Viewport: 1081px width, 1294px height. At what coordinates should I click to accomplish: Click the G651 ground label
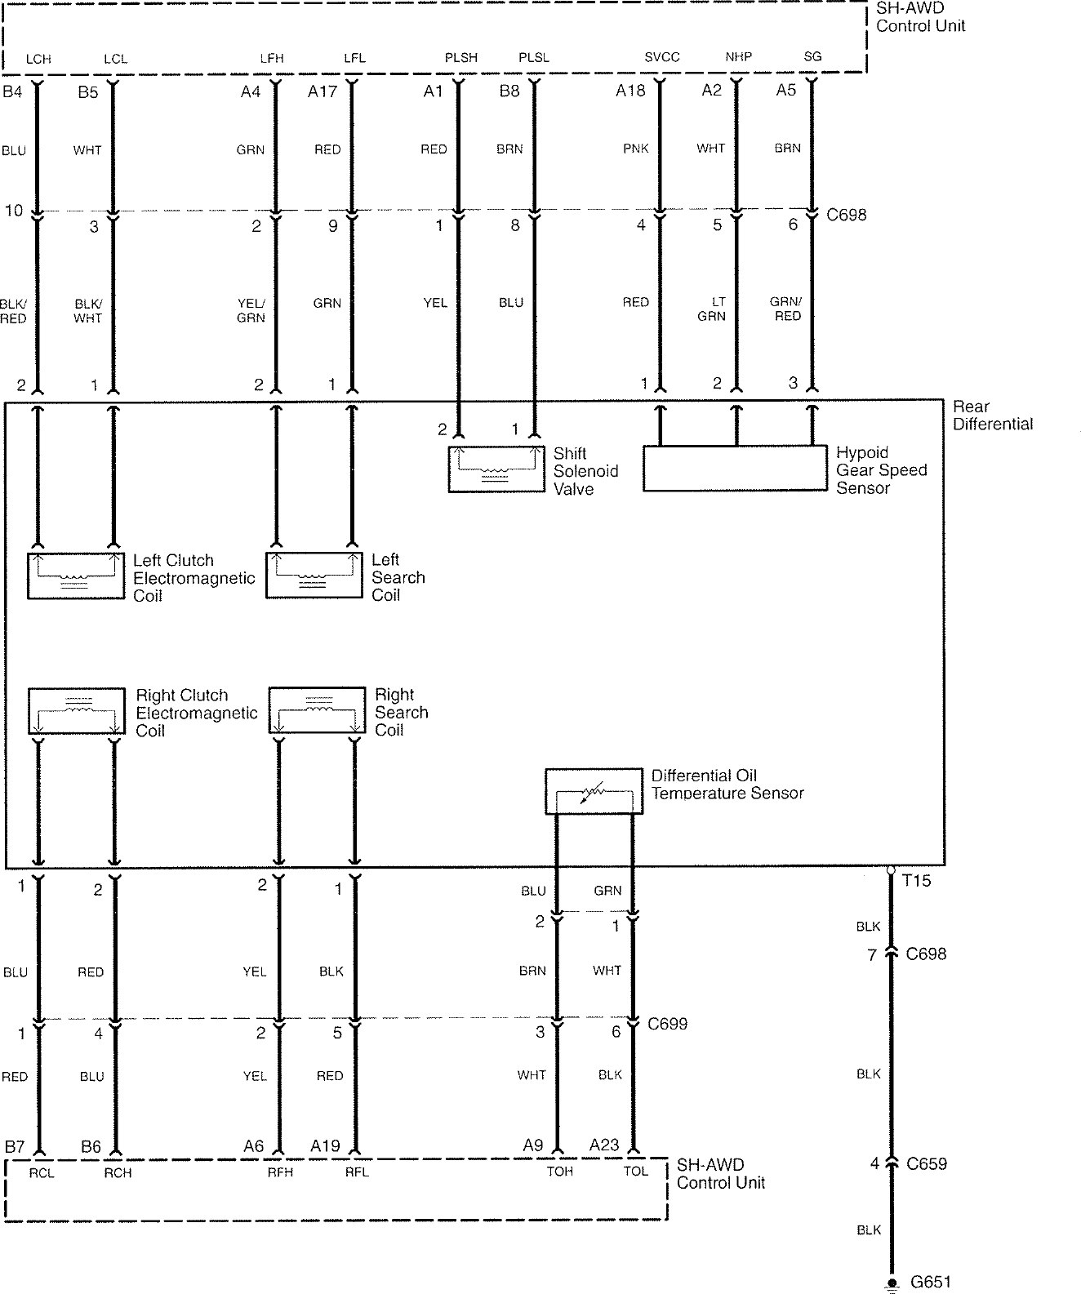[931, 1282]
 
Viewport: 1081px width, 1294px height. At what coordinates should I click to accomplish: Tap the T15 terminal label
[916, 881]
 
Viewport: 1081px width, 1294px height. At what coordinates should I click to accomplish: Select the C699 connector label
[668, 1023]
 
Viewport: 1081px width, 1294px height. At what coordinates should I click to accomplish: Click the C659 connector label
[927, 1164]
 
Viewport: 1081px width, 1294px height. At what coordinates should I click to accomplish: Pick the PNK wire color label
[636, 149]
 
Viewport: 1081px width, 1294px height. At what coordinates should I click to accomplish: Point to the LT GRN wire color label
[712, 309]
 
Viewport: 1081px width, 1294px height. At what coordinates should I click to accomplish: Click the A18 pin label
[630, 91]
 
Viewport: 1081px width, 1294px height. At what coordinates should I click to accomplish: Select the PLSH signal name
[461, 58]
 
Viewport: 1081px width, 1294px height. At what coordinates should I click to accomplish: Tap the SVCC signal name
[662, 57]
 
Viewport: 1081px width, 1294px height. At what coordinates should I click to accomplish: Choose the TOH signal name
[560, 1172]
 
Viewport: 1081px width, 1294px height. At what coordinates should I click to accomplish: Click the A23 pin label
[604, 1145]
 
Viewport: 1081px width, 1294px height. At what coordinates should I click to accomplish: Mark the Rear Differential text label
[992, 416]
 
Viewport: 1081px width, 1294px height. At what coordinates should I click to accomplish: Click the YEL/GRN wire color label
[251, 310]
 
